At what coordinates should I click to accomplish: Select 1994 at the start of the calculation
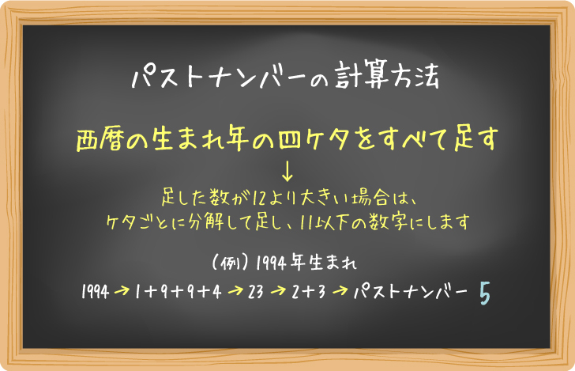(95, 293)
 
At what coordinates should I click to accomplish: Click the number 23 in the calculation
(255, 293)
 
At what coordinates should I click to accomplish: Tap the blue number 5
(485, 293)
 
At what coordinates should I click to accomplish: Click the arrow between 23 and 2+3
(278, 293)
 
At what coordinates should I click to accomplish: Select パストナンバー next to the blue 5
(411, 293)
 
